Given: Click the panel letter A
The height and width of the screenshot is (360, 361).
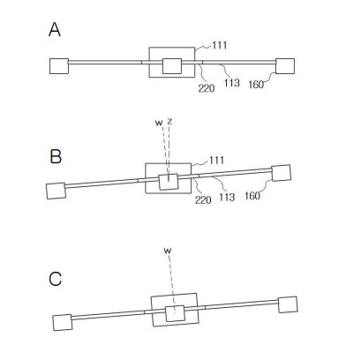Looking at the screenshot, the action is [55, 30].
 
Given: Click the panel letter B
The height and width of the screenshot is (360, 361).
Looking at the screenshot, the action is [56, 156].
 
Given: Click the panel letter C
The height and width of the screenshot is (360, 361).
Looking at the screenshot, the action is [56, 279].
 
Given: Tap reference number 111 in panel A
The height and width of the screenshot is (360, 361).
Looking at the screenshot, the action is [220, 45].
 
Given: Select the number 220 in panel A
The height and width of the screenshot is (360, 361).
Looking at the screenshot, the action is [207, 88].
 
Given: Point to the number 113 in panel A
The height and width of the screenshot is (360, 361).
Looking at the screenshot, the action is [231, 83].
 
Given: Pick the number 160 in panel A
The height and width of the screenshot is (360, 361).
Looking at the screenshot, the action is [256, 85].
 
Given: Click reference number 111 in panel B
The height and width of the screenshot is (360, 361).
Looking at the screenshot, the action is [217, 161].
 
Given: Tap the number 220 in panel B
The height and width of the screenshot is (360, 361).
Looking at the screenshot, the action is [203, 200].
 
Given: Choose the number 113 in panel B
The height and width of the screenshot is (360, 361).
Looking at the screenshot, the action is [227, 197].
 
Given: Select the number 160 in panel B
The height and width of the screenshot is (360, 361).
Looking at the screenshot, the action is [252, 196].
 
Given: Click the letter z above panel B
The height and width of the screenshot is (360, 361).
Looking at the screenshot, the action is [169, 121].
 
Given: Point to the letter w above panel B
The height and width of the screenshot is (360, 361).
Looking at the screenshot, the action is [159, 123].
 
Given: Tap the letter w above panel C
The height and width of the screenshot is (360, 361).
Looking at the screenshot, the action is [168, 251].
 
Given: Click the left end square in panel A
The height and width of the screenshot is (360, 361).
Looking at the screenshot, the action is [59, 66].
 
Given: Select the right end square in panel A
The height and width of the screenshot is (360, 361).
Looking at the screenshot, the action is [285, 66].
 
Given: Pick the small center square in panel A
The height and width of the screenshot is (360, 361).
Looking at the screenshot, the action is [172, 66].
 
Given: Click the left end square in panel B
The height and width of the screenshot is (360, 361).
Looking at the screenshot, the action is [56, 191].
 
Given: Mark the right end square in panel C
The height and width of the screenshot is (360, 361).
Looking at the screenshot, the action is [288, 304].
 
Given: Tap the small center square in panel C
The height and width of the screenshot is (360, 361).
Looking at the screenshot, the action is [175, 313].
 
